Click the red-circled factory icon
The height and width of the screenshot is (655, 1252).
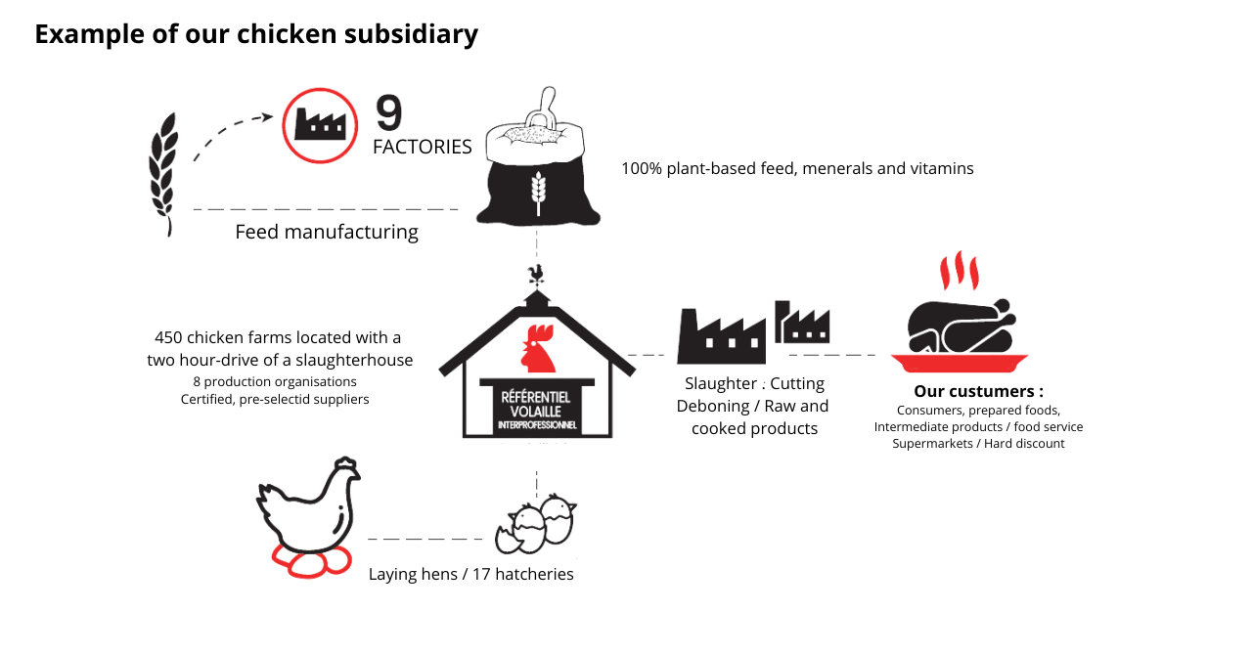pos(320,125)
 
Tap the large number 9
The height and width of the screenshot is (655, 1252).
pos(388,113)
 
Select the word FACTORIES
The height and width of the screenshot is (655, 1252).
pos(422,147)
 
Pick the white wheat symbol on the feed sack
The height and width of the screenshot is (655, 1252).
pos(536,191)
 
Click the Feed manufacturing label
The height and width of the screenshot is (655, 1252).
pos(327,232)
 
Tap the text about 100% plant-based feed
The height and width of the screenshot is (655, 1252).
pos(797,168)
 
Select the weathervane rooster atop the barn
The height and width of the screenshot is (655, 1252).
pos(535,274)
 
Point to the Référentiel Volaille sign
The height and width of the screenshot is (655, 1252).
pos(537,411)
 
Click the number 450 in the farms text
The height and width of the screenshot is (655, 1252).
pos(168,337)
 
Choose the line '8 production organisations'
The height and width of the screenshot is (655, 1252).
pos(274,381)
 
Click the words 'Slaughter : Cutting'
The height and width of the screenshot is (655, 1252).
pos(754,383)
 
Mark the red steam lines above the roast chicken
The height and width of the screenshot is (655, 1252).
pos(959,271)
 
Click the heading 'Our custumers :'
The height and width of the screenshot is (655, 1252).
pos(978,392)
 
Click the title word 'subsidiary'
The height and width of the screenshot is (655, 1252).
pos(410,34)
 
